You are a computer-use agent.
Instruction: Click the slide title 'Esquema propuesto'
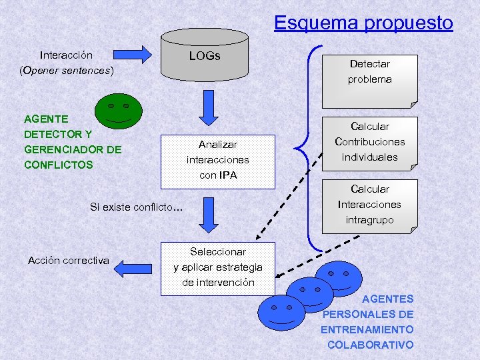click(363, 23)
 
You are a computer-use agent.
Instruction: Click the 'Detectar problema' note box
click(369, 80)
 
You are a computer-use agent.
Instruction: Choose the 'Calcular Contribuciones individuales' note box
click(369, 142)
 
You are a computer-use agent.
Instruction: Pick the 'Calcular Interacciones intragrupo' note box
click(369, 205)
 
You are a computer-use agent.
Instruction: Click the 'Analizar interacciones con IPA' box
click(217, 160)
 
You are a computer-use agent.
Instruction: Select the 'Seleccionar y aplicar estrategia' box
click(217, 267)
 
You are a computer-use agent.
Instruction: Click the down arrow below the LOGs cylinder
click(209, 107)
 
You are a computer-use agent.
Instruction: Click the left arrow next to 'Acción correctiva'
click(133, 268)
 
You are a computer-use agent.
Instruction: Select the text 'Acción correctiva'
click(68, 261)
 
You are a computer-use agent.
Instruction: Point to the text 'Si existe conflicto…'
click(137, 207)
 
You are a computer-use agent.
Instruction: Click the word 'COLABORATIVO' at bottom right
click(370, 345)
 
